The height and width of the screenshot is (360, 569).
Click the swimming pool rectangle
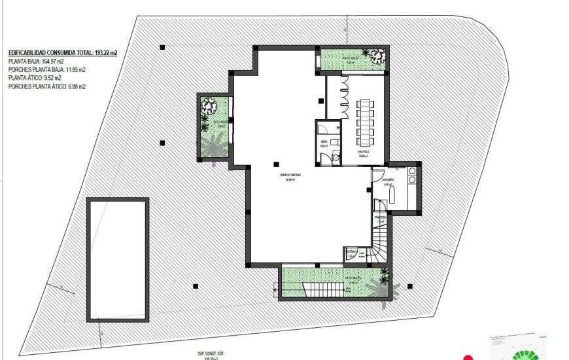[118, 259]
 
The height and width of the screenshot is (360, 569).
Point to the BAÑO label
[324, 142]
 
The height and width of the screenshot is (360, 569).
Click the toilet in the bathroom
[335, 158]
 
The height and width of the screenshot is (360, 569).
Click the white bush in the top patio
[375, 56]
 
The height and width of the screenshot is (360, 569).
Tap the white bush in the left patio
[210, 105]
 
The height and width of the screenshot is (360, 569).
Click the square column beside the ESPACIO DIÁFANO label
[277, 164]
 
